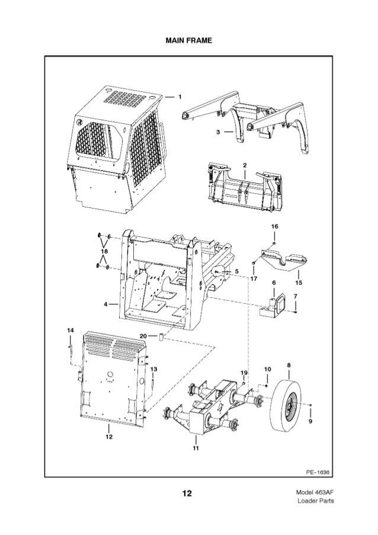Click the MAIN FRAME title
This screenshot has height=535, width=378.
pyautogui.click(x=188, y=40)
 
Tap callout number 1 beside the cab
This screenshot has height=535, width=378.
pyautogui.click(x=180, y=95)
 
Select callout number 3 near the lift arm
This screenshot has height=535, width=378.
pyautogui.click(x=218, y=132)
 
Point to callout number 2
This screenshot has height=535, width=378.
pyautogui.click(x=245, y=164)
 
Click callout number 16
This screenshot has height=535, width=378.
pyautogui.click(x=274, y=227)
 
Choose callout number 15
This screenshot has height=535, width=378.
pyautogui.click(x=299, y=274)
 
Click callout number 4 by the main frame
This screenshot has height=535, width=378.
pyautogui.click(x=105, y=305)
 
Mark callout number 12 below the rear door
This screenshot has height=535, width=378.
pyautogui.click(x=108, y=437)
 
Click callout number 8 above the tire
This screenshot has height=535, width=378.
pyautogui.click(x=289, y=365)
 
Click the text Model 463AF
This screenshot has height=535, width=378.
pyautogui.click(x=313, y=492)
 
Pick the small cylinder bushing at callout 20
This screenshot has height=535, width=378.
pyautogui.click(x=160, y=338)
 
